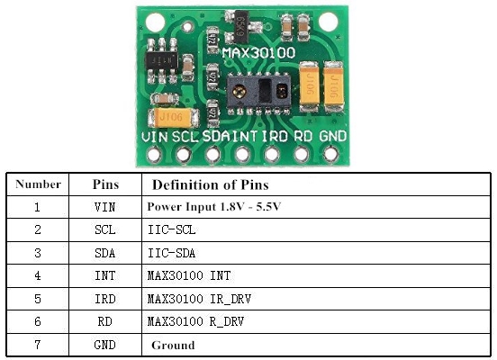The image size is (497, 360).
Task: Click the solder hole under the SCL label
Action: [185, 155]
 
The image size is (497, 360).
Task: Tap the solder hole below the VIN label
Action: [156, 155]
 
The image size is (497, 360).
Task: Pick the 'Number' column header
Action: [38, 184]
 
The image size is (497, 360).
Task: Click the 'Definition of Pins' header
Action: [210, 184]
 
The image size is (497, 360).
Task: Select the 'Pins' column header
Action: [105, 184]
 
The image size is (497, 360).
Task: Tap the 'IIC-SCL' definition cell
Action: [171, 230]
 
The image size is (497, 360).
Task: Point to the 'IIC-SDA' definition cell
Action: [171, 253]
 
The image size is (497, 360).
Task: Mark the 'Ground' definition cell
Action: [173, 345]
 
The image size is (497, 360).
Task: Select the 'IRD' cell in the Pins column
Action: [105, 299]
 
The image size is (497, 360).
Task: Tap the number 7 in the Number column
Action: [38, 345]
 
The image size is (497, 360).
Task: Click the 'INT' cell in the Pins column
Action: [105, 276]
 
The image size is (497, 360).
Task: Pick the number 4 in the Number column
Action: [38, 276]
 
